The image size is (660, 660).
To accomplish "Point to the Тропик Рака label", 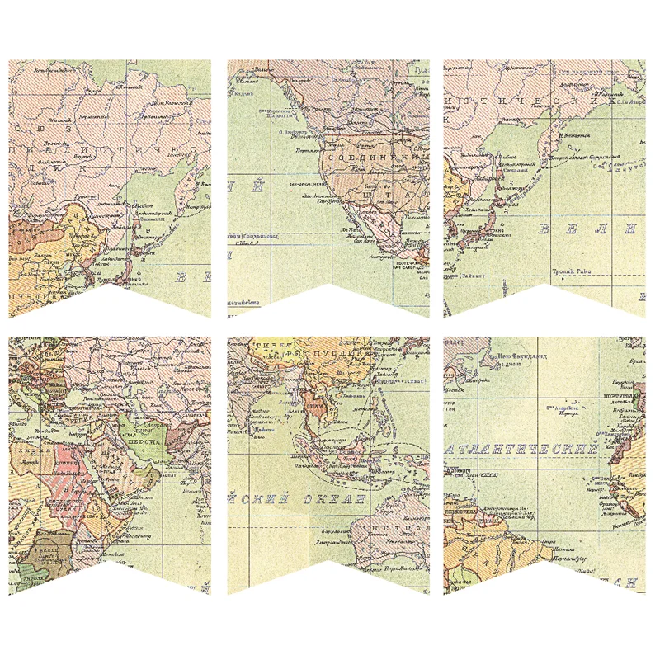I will point(574,271).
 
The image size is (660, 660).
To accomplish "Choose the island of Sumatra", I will point(302,450).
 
